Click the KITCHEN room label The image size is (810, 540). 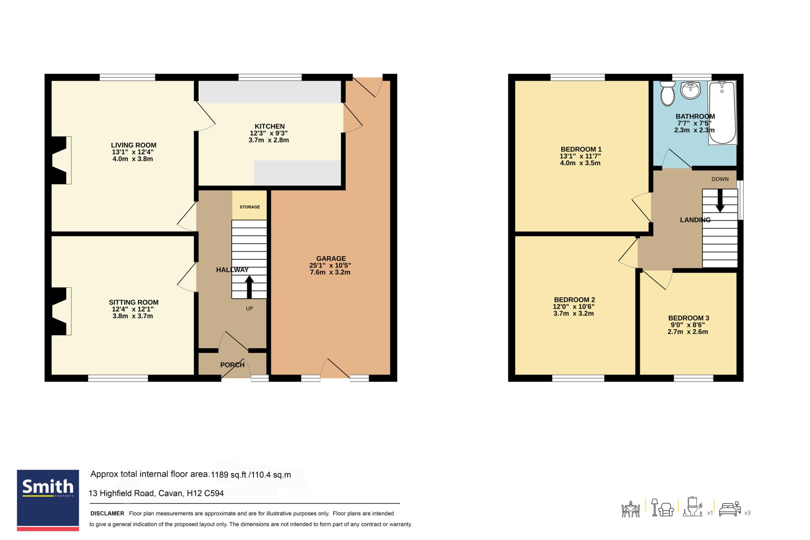coord(270,127)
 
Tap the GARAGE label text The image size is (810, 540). coord(331,259)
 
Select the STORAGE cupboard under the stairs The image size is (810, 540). coord(250,206)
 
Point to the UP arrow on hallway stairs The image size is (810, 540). coord(249,287)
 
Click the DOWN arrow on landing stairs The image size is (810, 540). coord(720,200)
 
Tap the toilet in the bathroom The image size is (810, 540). coord(668,93)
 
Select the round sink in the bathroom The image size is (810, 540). coord(691,90)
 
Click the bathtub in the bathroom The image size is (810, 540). coord(723,112)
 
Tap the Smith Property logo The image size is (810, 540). coord(48,500)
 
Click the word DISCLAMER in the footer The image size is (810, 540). coord(107,513)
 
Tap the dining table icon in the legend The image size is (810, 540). coord(630,509)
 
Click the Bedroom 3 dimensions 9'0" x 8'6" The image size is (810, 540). coord(688,325)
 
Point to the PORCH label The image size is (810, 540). coord(232,365)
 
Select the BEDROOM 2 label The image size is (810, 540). coord(574,300)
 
